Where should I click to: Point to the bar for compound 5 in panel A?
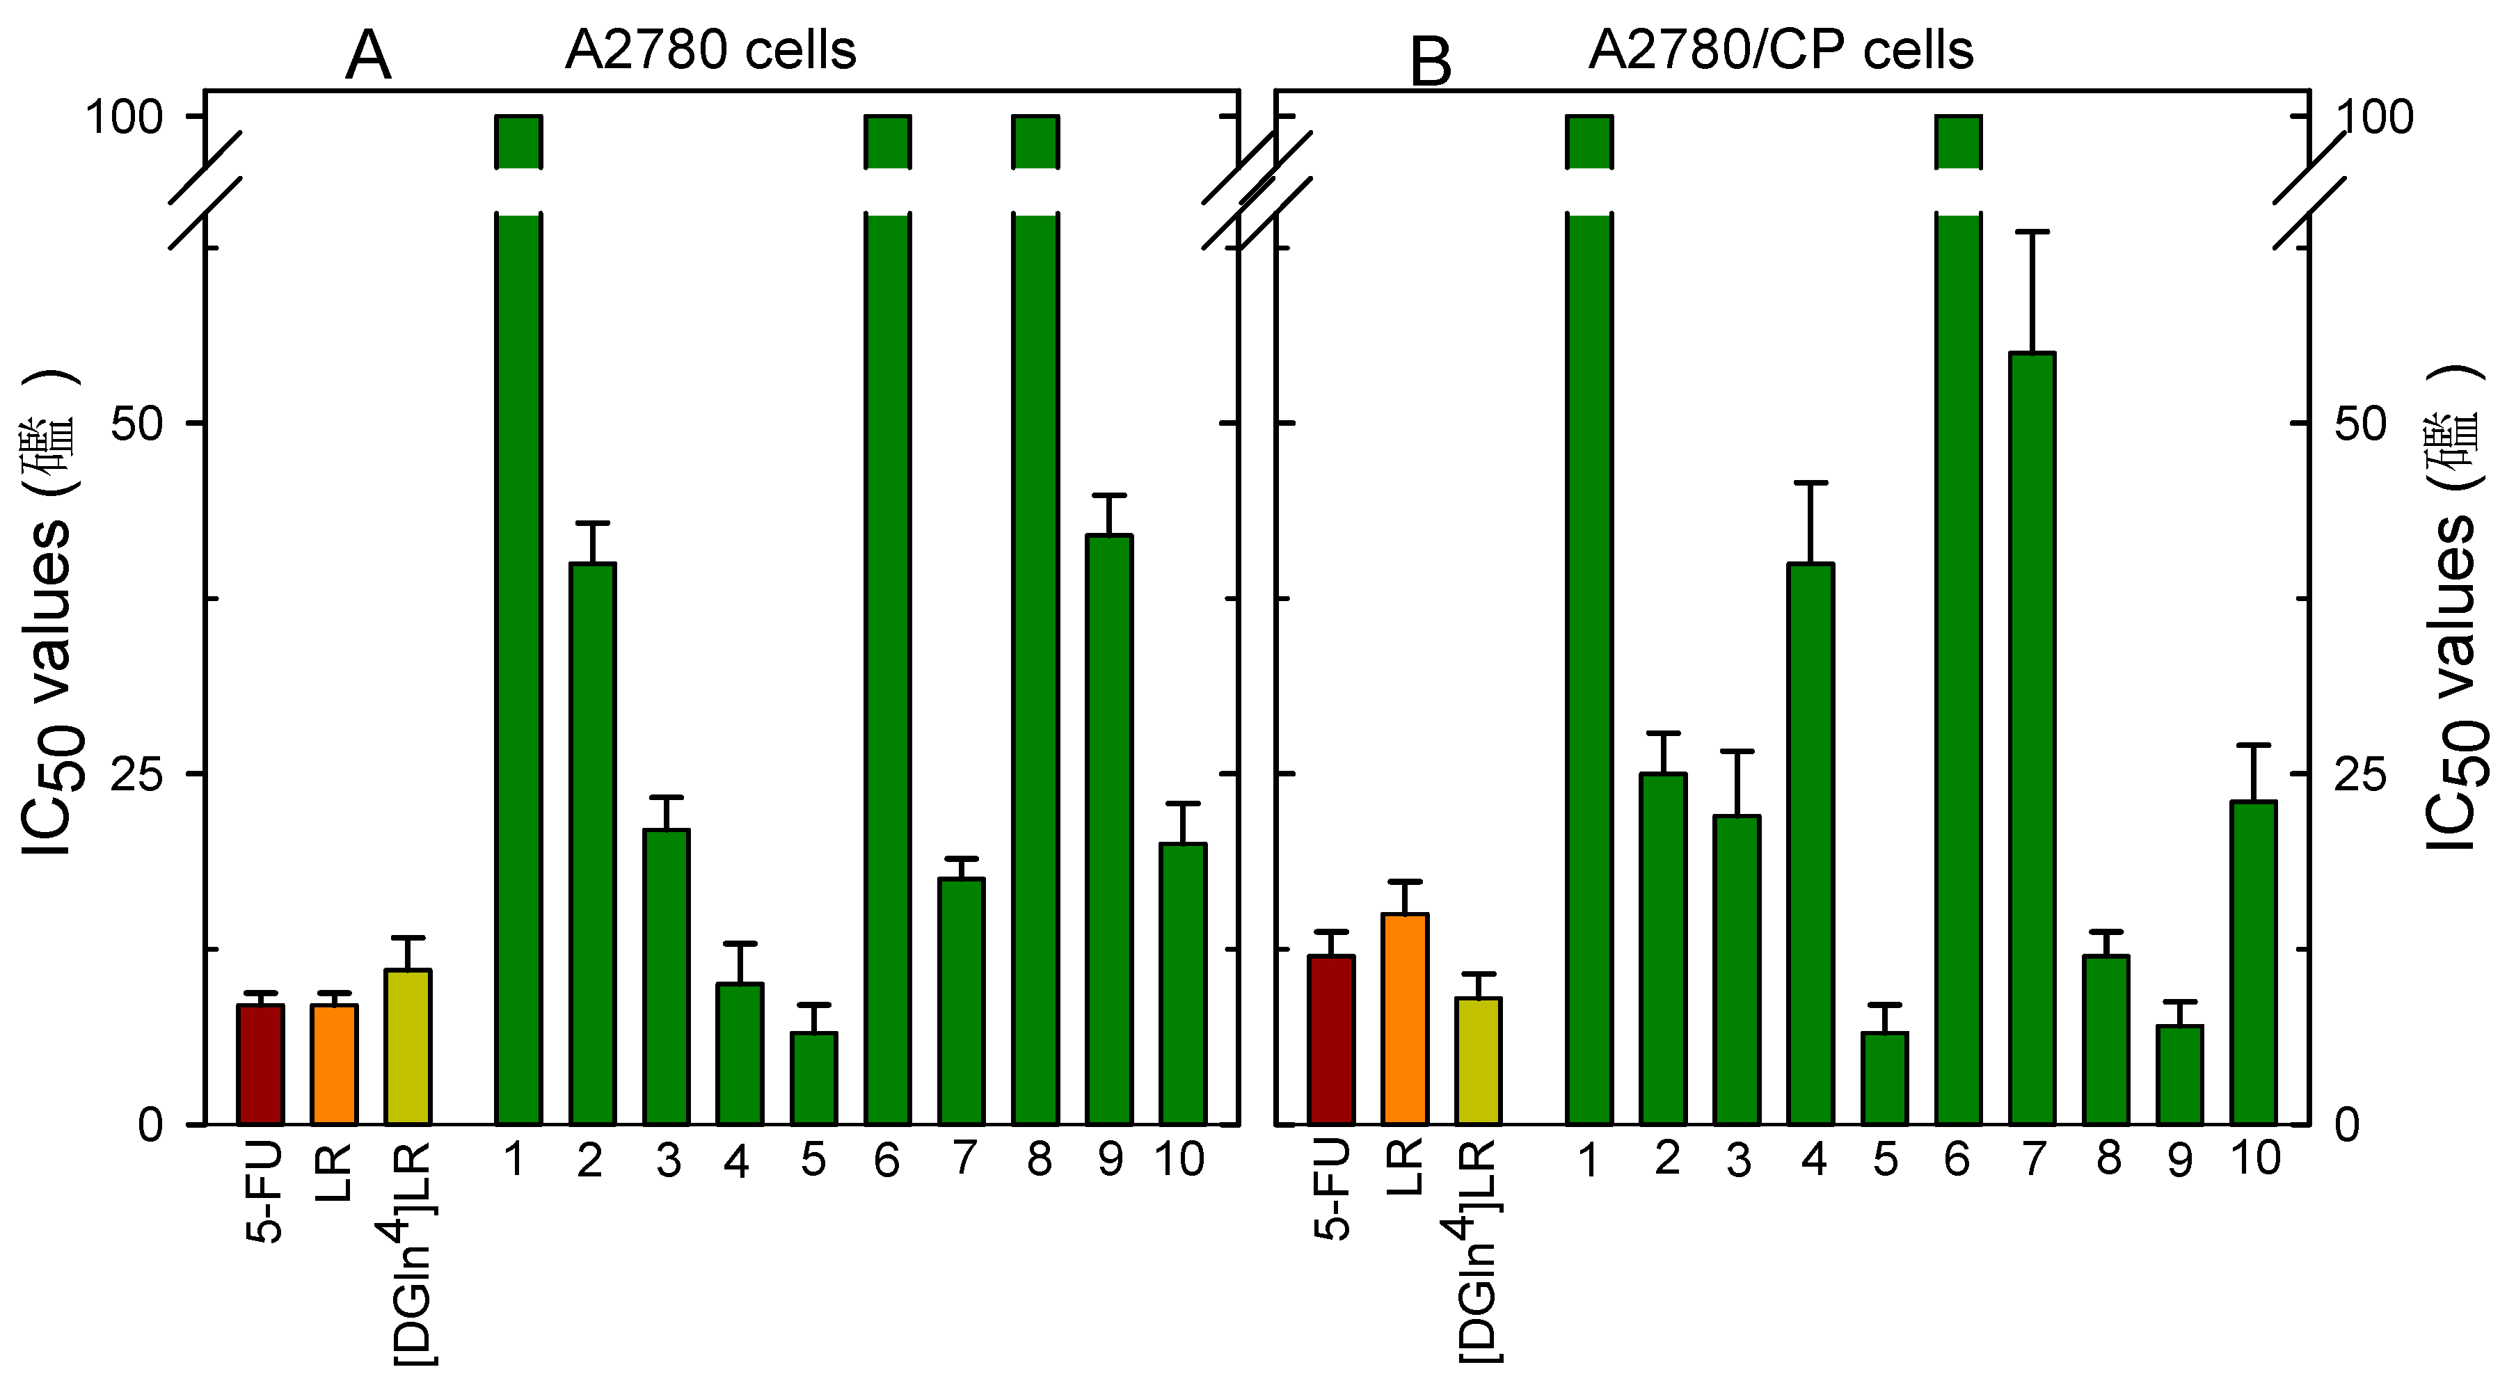[x=813, y=1078]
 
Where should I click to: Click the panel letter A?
[x=368, y=56]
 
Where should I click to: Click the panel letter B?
[x=1431, y=63]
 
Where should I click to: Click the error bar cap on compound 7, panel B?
[x=2032, y=232]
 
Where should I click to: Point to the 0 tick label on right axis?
[x=2348, y=1125]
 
